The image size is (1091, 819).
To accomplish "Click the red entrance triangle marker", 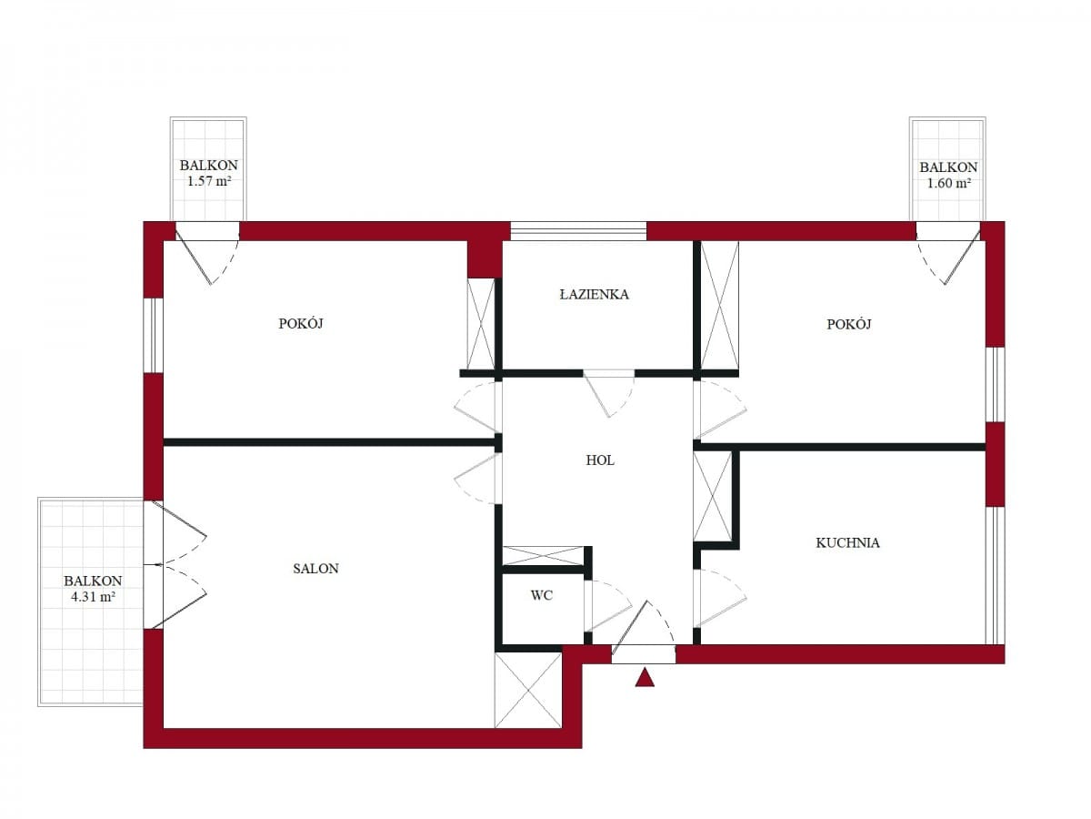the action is coord(645,678).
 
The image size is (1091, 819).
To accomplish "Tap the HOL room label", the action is coord(600,460).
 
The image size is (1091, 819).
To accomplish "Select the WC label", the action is coord(541,595).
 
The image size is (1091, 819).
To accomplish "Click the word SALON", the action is coord(315,569).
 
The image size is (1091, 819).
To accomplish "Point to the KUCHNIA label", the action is coord(847,542).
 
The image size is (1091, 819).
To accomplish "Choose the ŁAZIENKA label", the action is coord(594,294).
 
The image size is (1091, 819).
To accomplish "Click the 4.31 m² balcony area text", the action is coord(93,596).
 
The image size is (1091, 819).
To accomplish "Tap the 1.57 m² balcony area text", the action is coord(209,180).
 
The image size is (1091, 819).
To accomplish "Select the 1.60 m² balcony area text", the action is coord(949,183).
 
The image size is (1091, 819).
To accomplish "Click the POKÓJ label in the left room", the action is coord(301,324).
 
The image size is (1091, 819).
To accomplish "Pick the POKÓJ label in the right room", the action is coord(849,324).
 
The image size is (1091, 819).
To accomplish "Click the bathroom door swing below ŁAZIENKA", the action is coord(609,394).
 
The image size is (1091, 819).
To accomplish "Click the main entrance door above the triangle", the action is coord(643,632).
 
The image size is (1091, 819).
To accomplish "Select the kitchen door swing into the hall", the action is coord(722,598).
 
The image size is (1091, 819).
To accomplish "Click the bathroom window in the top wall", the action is coord(578,231).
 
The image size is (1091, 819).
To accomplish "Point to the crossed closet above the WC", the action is coord(544,555).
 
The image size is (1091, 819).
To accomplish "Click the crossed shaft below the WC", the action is coord(528,689).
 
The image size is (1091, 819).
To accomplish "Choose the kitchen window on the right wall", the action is coord(995,575).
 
